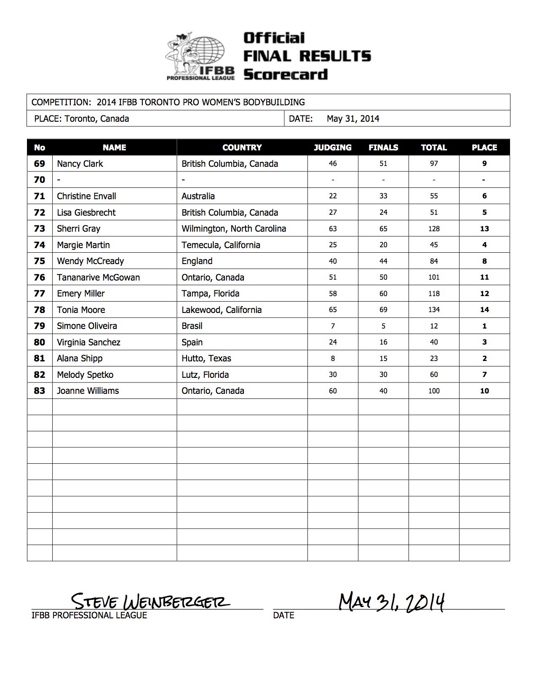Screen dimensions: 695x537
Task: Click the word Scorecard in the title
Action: point(286,75)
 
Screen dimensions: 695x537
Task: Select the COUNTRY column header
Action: point(242,147)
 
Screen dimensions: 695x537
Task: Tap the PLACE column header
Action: point(484,147)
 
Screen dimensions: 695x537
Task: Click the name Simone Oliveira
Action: point(87,326)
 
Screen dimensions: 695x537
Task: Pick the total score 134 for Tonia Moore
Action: point(434,310)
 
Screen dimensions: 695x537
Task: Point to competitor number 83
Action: point(39,391)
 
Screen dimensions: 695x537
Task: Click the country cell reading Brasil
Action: point(192,326)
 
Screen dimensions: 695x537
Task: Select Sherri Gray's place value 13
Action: point(484,229)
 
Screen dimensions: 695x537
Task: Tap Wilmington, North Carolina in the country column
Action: point(234,229)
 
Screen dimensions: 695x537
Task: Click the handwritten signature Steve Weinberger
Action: point(150,600)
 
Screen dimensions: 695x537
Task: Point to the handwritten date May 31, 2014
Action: point(392,602)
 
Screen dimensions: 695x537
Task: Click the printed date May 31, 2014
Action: point(353,119)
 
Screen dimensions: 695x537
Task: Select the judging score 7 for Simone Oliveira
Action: point(333,326)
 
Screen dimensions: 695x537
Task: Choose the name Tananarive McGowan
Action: point(98,278)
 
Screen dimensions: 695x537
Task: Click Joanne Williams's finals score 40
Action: point(383,391)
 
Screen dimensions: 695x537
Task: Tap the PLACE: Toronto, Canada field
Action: point(81,119)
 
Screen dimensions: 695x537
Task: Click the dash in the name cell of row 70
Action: point(59,180)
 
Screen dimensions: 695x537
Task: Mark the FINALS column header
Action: point(383,147)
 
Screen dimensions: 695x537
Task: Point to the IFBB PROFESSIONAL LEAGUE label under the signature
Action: point(89,615)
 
